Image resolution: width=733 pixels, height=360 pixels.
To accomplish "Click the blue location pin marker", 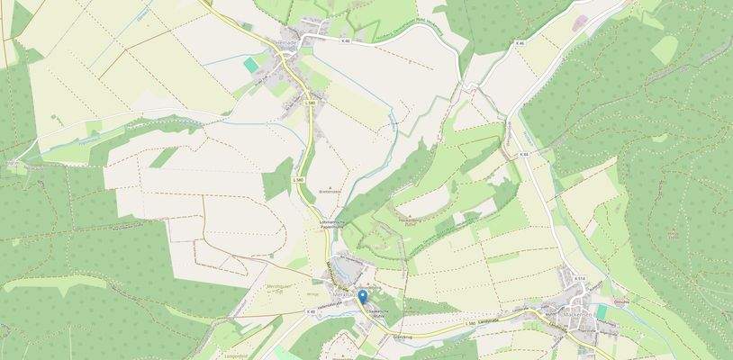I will pyautogui.click(x=362, y=296).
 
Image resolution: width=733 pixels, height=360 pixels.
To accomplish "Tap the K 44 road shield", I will pyautogui.click(x=524, y=155).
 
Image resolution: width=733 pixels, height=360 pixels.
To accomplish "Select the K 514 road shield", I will pyautogui.click(x=579, y=279).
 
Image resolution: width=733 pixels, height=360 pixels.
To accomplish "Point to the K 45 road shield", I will pyautogui.click(x=311, y=311).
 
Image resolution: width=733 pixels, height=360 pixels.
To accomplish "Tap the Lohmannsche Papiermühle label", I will pyautogui.click(x=332, y=224).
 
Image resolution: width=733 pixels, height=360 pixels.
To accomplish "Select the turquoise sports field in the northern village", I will pyautogui.click(x=249, y=65).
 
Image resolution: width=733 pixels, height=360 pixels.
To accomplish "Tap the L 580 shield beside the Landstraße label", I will pyautogui.click(x=469, y=322).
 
